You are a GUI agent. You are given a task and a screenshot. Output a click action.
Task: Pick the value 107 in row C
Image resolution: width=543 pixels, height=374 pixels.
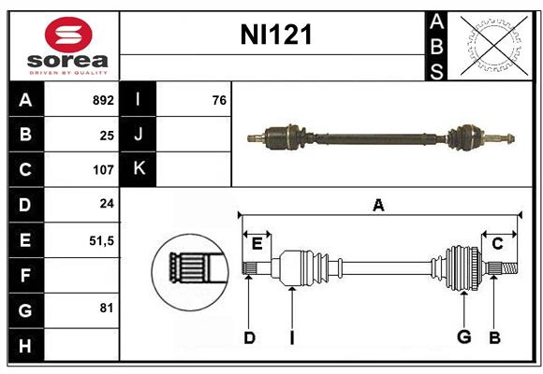pos(103,170)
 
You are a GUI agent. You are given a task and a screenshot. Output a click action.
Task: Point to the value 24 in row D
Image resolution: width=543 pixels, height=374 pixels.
pos(107,204)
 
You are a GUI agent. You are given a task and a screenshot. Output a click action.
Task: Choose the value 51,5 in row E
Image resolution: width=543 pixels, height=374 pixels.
pos(101,240)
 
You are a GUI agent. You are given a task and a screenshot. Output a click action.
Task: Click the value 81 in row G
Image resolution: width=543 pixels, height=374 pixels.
pos(107,308)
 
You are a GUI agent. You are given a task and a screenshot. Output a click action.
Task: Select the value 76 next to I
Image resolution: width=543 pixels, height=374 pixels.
pos(219,99)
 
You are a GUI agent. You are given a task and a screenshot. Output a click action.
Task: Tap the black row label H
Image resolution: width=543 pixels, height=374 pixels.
pos(25,345)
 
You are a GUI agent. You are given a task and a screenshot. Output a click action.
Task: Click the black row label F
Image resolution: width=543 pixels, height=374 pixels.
pos(25,275)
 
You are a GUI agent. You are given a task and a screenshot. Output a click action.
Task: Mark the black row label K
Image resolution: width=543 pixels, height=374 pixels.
pos(139,169)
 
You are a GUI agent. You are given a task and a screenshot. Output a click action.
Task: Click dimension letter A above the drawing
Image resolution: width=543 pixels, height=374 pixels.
pos(378,205)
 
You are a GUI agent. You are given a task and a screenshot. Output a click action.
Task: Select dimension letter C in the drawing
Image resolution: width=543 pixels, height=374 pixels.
pos(497,243)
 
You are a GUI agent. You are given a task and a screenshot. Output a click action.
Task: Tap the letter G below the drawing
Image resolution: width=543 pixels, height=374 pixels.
pos(462,338)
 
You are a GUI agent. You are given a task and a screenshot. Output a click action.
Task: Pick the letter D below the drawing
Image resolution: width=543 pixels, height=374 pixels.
pos(249,338)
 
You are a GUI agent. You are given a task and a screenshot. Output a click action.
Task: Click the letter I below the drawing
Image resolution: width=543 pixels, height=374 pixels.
pos(292,338)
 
